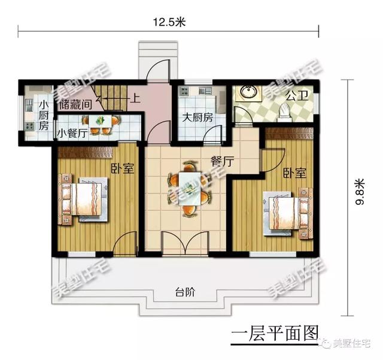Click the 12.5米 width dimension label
click(x=171, y=22)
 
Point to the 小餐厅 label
click(x=73, y=133)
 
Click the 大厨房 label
click(x=197, y=117)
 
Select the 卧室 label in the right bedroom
click(x=294, y=173)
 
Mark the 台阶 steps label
click(x=185, y=293)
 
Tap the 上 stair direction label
click(x=136, y=100)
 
